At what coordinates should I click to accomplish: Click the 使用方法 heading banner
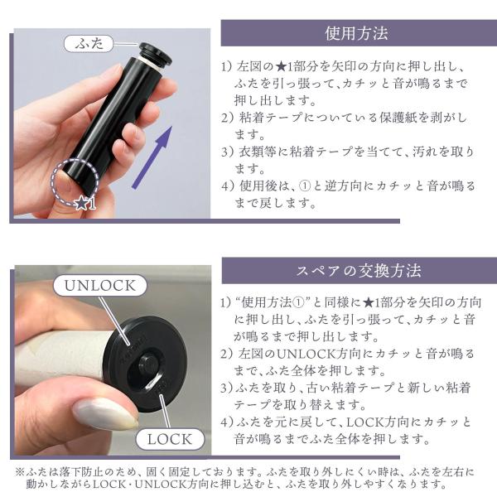(x=359, y=33)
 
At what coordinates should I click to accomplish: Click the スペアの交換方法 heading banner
(x=359, y=271)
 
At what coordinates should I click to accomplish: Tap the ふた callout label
(x=89, y=43)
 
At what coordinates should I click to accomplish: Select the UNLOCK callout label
(x=100, y=285)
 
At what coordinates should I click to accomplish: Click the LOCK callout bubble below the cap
(x=170, y=439)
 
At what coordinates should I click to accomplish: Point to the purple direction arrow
(x=152, y=157)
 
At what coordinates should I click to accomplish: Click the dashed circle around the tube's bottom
(x=75, y=181)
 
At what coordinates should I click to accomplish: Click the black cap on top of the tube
(x=156, y=53)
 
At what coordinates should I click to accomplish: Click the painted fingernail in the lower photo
(x=104, y=413)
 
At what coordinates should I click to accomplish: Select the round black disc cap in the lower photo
(x=145, y=364)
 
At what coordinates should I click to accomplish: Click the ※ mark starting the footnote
(x=20, y=472)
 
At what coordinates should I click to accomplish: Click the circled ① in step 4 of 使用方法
(x=304, y=186)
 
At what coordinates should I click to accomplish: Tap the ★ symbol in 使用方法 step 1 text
(x=281, y=66)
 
